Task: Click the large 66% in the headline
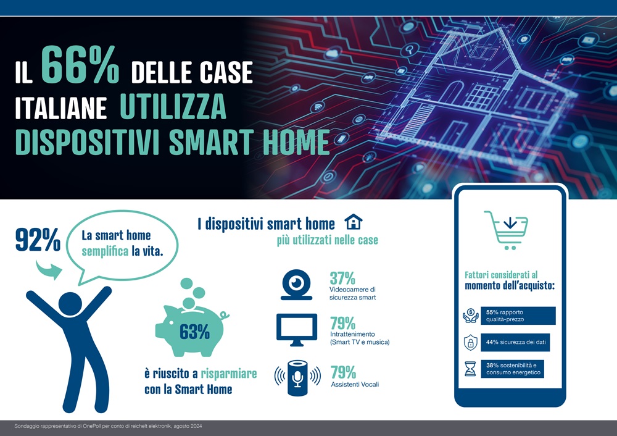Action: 80,65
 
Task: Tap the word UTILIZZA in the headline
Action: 173,106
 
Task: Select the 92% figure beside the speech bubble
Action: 38,240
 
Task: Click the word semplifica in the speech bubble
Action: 105,251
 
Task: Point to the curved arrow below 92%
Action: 49,270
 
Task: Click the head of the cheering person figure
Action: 70,304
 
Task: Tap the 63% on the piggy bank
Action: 194,332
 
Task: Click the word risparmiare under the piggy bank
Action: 229,374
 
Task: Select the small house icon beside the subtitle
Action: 354,222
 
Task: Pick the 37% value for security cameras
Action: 342,278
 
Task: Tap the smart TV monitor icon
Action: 297,330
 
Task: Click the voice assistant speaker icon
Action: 297,377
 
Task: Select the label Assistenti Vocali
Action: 355,384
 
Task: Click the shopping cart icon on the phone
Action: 507,230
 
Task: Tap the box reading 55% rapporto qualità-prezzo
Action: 518,316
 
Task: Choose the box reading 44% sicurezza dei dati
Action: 515,342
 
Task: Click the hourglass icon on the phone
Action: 470,369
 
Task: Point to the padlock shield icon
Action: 470,342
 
